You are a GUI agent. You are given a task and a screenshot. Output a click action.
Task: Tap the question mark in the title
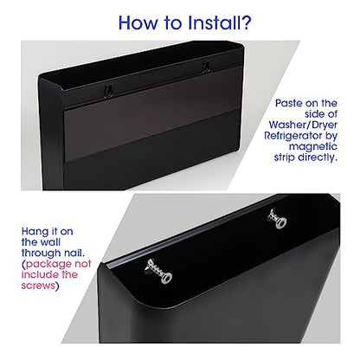(247, 22)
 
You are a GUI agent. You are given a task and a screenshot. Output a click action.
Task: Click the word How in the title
(138, 22)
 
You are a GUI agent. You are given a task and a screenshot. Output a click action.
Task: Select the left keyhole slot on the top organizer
(108, 91)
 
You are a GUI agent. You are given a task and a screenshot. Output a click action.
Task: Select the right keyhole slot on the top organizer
(206, 67)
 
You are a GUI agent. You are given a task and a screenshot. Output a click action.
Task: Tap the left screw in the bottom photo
(159, 271)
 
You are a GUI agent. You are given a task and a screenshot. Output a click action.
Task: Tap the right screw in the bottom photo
(277, 219)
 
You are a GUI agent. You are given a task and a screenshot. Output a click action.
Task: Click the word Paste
(290, 103)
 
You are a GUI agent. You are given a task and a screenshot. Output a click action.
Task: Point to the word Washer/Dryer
(303, 125)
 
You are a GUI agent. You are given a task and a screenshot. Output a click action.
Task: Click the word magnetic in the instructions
(313, 146)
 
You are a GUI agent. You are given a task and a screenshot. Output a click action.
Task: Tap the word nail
(74, 253)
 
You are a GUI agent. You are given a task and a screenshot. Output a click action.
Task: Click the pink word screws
(38, 286)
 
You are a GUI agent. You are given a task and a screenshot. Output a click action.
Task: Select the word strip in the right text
(285, 157)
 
